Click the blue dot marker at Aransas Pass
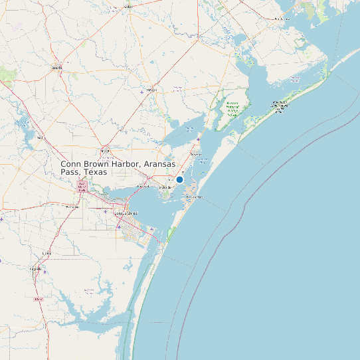click(179, 179)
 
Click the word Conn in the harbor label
click(70, 164)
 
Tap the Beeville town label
click(57, 67)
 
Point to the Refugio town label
click(151, 90)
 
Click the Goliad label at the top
click(128, 7)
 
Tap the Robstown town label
click(72, 207)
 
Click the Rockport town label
click(197, 154)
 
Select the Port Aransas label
click(193, 197)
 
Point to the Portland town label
click(143, 187)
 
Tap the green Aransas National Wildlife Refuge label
click(232, 108)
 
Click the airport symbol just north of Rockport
click(199, 140)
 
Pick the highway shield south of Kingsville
click(38, 300)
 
